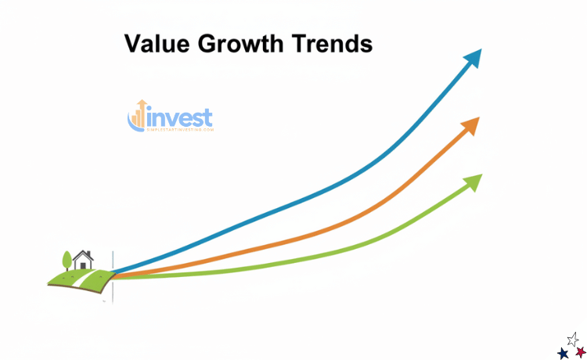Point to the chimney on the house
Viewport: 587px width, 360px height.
point(89,254)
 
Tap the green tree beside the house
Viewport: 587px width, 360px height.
point(67,258)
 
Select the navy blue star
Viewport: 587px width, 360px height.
point(563,353)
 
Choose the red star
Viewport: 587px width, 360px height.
point(580,352)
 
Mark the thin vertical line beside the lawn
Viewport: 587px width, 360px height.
point(113,278)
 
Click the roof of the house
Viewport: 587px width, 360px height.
point(83,255)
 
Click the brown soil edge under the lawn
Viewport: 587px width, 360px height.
point(78,288)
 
